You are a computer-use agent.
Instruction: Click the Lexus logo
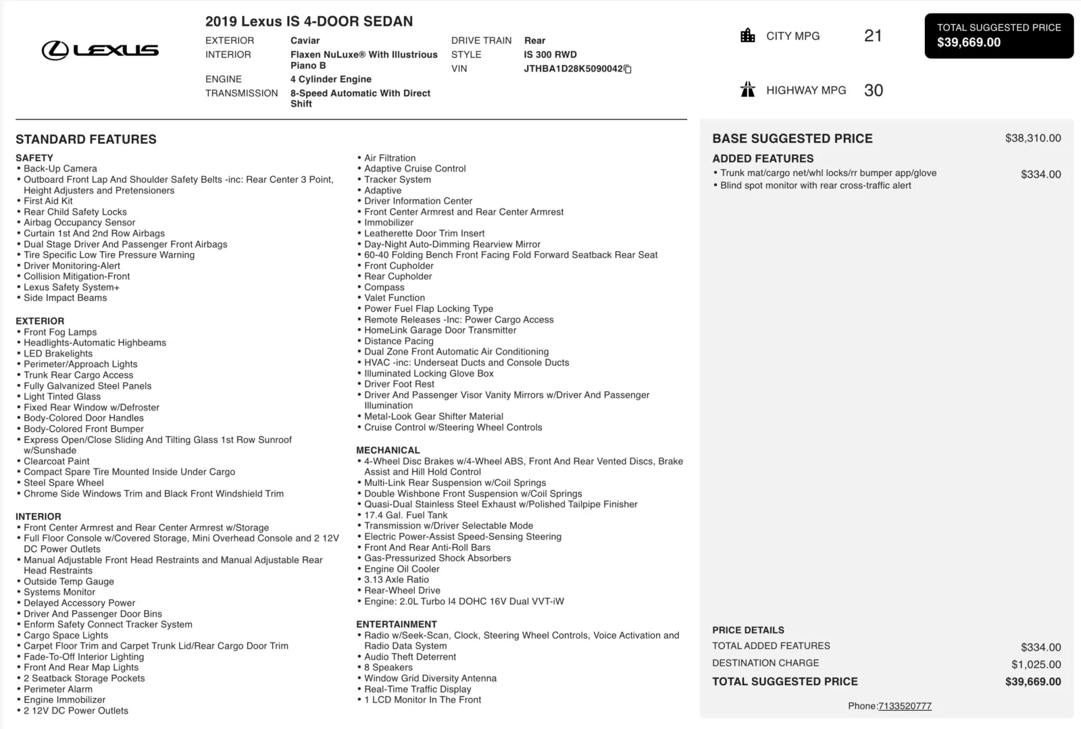(100, 50)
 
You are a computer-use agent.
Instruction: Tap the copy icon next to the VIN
(628, 69)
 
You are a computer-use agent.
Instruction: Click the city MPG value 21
(873, 36)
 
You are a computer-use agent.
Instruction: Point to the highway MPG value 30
(874, 90)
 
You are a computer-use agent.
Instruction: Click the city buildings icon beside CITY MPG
(748, 36)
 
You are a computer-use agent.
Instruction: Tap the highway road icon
(748, 90)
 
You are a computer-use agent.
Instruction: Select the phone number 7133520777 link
(905, 706)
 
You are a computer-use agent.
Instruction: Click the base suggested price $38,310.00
(1033, 138)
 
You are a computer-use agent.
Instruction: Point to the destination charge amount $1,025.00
(1036, 664)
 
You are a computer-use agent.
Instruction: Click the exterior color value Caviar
(305, 40)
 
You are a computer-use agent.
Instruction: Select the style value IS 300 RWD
(550, 55)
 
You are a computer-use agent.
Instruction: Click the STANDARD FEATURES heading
(86, 140)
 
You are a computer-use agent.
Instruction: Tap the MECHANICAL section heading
(388, 450)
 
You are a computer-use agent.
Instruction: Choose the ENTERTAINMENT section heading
(397, 624)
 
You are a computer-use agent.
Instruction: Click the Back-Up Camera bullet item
(60, 169)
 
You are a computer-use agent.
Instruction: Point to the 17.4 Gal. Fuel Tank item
(405, 515)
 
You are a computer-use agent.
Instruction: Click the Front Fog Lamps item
(60, 332)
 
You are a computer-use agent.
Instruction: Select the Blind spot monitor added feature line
(815, 186)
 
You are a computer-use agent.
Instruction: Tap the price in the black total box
(969, 43)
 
